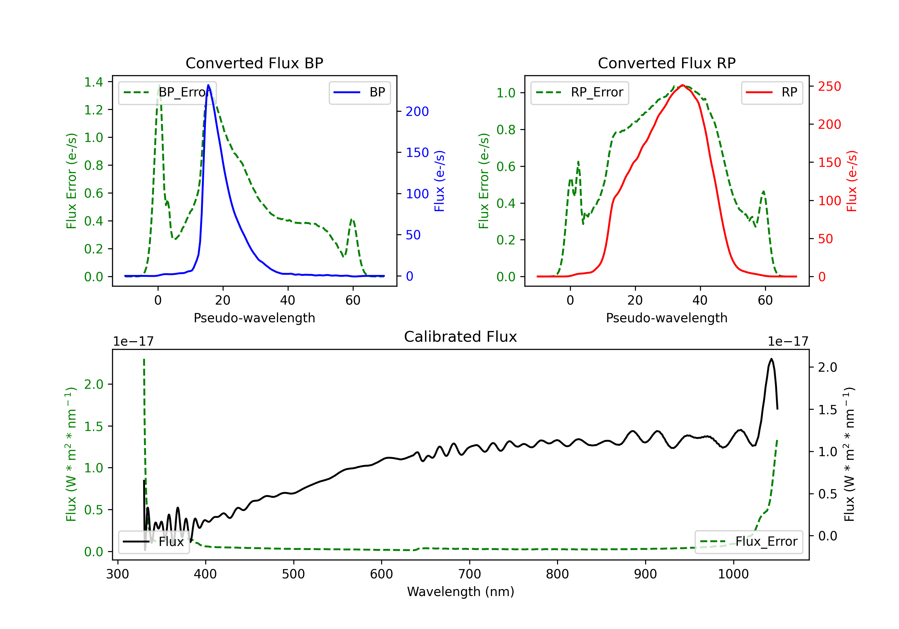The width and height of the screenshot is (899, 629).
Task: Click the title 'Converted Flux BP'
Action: [x=254, y=63]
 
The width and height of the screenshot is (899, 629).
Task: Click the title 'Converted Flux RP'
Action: [x=666, y=63]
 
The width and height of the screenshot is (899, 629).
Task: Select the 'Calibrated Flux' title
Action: [x=461, y=337]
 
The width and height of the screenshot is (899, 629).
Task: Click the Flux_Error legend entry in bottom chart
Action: [x=749, y=542]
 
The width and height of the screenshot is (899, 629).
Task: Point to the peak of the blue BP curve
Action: [x=208, y=85]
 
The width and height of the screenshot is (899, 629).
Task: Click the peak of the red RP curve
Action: [x=682, y=85]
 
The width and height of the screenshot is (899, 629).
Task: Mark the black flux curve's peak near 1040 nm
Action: [x=771, y=359]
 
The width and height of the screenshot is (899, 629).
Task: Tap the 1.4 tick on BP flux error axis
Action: [x=93, y=82]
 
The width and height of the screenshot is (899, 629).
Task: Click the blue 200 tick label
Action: [x=417, y=111]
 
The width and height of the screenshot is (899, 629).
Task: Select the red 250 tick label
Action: [x=829, y=87]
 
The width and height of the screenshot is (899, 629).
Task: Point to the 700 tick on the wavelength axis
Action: [x=470, y=574]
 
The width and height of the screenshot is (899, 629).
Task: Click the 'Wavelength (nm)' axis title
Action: [x=461, y=592]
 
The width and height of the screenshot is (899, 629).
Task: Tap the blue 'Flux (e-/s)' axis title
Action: [x=439, y=181]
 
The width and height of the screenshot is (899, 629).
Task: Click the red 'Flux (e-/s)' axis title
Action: [x=852, y=181]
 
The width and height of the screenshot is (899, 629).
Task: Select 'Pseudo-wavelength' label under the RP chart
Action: [x=666, y=318]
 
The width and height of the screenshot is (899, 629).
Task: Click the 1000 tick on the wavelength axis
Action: [x=733, y=574]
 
